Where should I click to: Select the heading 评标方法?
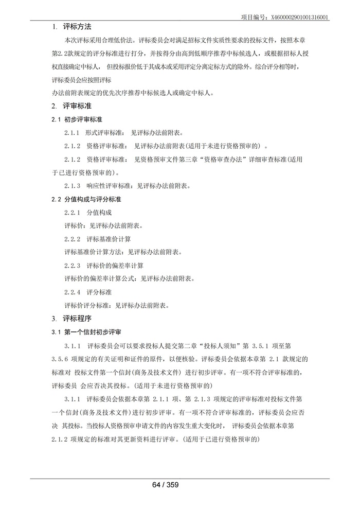pos(77,26)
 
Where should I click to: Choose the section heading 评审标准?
pos(77,106)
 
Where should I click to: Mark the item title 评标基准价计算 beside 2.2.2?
pos(109,239)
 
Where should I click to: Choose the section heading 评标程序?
pos(77,319)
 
